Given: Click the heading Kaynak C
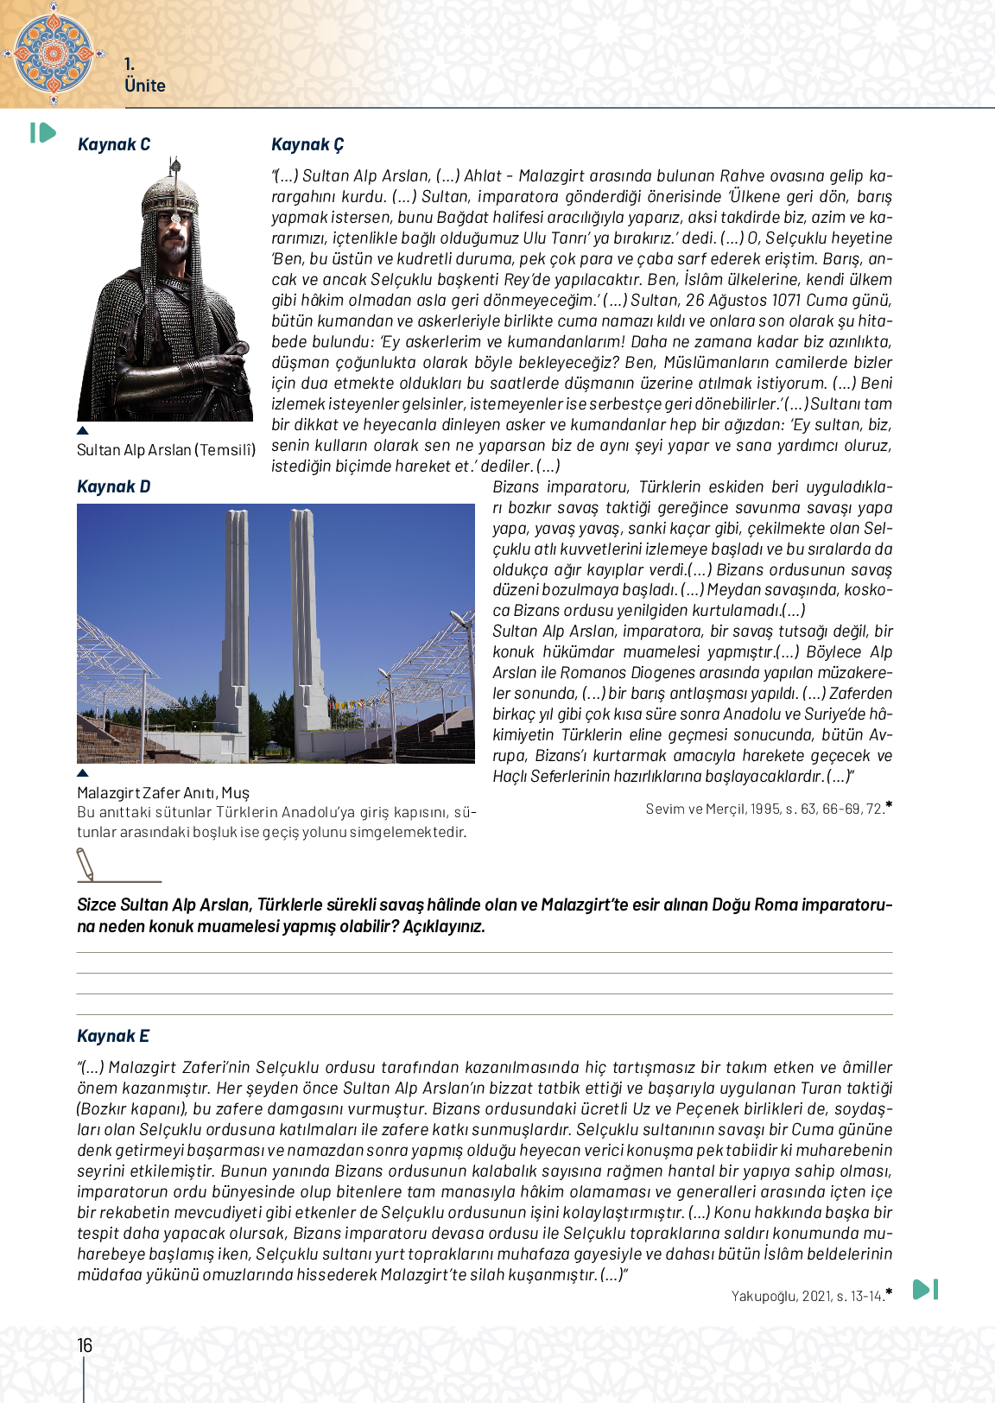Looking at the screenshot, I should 113,144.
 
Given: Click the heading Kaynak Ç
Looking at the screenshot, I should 307,144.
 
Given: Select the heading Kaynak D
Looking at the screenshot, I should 113,486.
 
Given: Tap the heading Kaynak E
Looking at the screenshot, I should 112,1036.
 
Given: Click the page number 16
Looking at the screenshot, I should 85,1345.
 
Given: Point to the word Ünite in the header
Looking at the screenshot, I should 144,86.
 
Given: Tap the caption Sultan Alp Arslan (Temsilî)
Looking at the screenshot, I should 166,450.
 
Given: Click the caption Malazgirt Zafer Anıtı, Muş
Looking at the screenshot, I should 162,793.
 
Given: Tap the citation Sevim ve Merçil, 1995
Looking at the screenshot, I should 764,809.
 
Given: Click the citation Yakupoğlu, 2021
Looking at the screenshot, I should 807,1296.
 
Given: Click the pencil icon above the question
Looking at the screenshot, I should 86,864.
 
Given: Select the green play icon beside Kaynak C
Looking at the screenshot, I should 42,133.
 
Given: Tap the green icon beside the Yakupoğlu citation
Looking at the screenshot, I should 925,1289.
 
